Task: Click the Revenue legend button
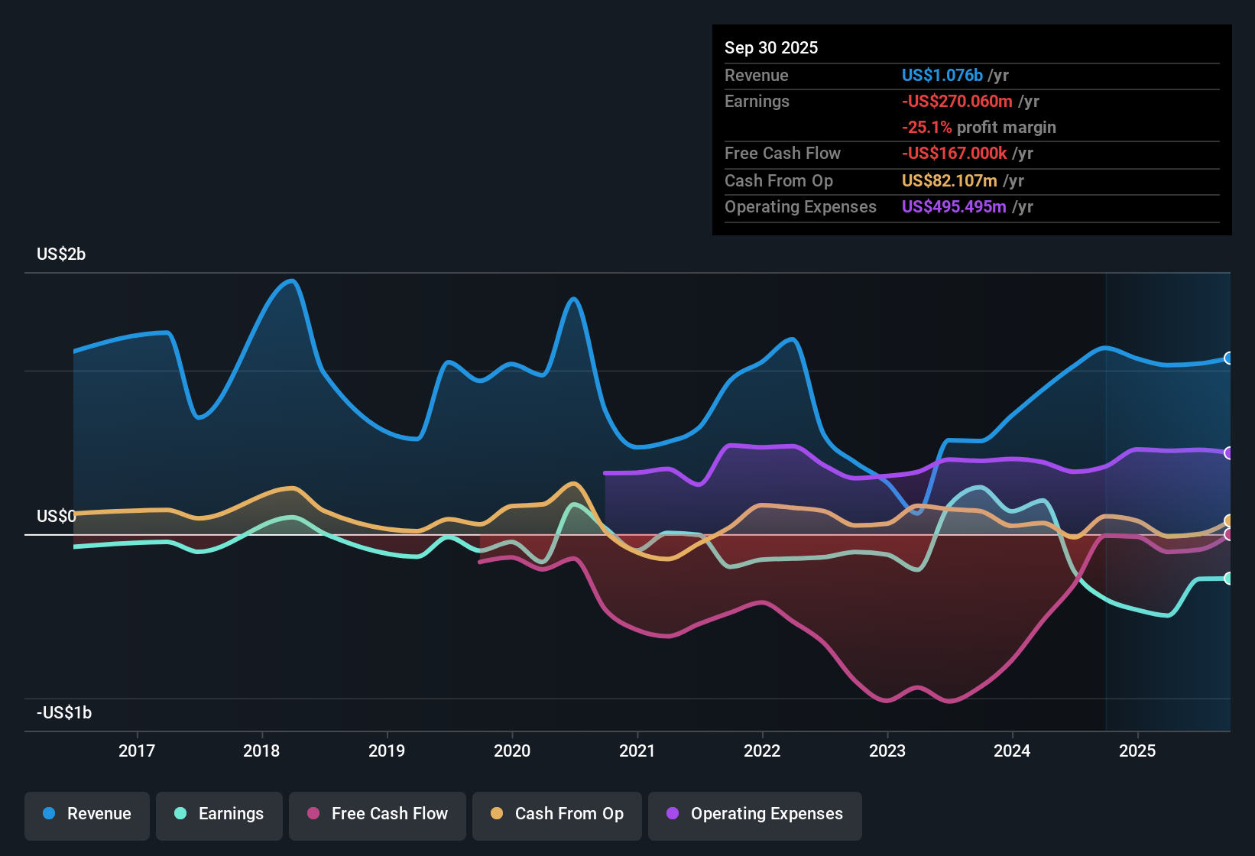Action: coord(87,814)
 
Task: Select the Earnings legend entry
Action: coord(219,814)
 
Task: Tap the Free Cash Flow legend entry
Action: coord(378,814)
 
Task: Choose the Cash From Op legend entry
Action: coord(557,814)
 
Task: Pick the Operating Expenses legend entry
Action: coord(755,814)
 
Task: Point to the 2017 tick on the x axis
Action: coord(137,751)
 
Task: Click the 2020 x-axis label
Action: coord(512,751)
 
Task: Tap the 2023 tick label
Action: coord(887,751)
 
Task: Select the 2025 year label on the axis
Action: coord(1137,751)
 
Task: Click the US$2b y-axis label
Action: coord(61,255)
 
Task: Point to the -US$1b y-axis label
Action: coord(64,713)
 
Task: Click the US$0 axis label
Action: coord(56,517)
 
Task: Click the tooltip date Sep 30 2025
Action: coord(771,47)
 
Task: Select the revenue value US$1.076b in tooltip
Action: coord(942,75)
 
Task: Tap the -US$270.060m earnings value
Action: coord(957,102)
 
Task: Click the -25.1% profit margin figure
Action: coord(926,128)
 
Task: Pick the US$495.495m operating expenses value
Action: coord(954,207)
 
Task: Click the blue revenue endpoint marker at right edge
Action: coord(1228,358)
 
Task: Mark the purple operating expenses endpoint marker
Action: coord(1228,453)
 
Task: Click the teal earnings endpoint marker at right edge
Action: coord(1228,579)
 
